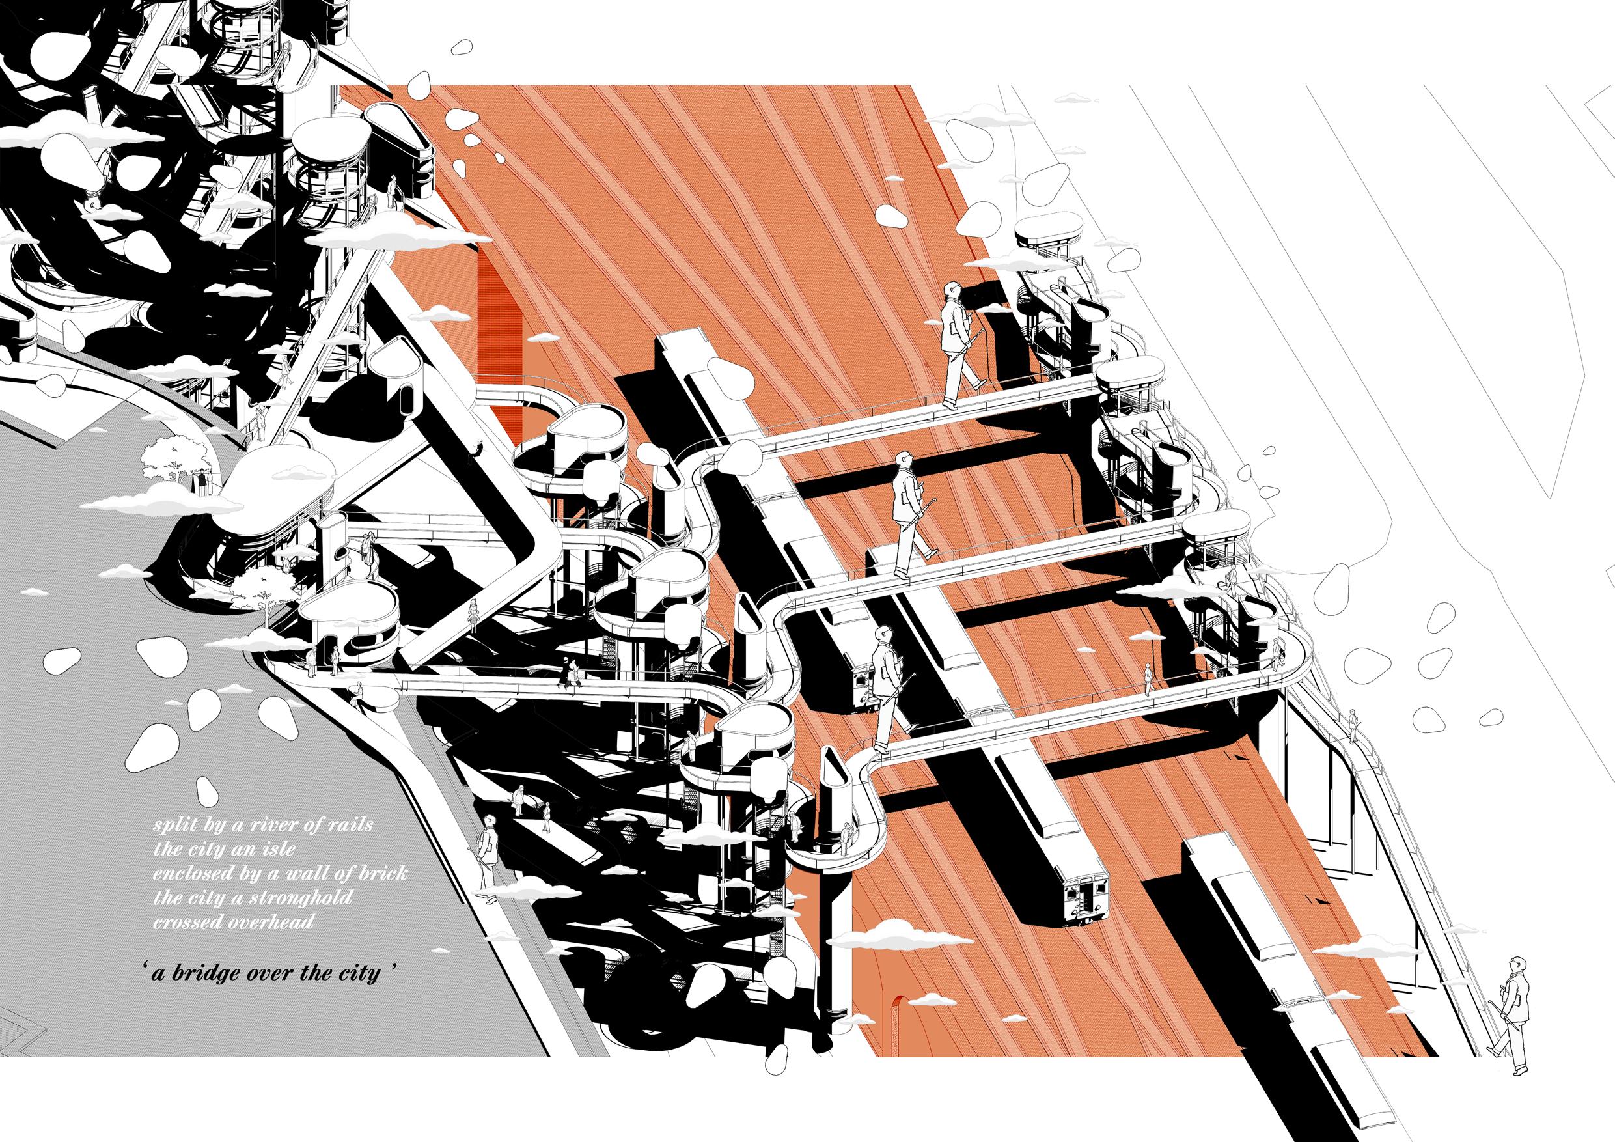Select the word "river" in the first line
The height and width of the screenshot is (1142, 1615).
pyautogui.click(x=272, y=824)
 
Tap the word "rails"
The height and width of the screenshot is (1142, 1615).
pyautogui.click(x=349, y=824)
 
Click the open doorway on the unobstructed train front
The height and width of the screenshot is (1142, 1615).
pyautogui.click(x=1083, y=902)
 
